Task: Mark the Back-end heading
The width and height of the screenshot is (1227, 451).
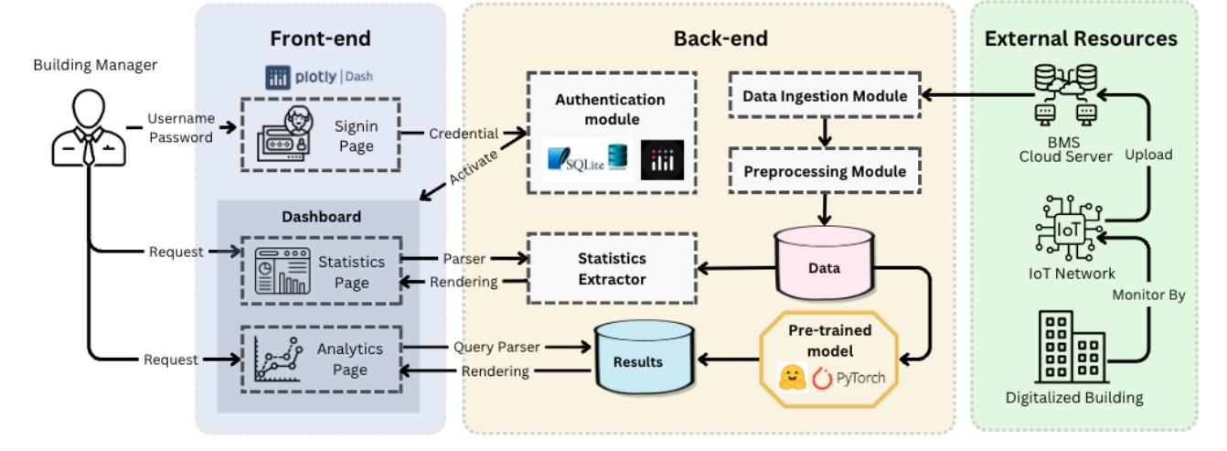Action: click(708, 38)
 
